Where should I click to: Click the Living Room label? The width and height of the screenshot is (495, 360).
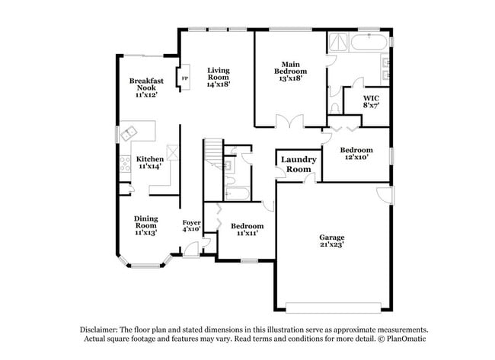[x=218, y=78]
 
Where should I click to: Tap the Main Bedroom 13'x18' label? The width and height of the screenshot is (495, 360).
[x=290, y=72]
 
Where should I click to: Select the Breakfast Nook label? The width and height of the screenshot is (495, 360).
[x=146, y=88]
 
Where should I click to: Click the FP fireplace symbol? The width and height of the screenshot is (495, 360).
[x=185, y=78]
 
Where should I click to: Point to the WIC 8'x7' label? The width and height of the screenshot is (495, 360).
[x=371, y=101]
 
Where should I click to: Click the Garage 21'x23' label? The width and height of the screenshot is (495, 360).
[x=331, y=241]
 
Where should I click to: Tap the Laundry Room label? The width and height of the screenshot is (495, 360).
[x=299, y=164]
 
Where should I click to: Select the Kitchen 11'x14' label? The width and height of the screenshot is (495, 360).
[x=150, y=162]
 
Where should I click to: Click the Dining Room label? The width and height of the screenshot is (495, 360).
[x=146, y=225]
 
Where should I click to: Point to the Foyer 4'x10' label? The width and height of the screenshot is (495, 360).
[x=191, y=226]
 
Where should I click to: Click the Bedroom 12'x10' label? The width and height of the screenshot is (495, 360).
[x=356, y=153]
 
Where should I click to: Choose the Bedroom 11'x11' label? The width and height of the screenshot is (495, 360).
[x=247, y=229]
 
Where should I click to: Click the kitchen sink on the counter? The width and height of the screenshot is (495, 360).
[x=129, y=133]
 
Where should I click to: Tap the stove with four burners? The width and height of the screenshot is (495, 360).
[x=126, y=164]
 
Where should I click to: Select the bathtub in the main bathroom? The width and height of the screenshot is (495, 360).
[x=369, y=42]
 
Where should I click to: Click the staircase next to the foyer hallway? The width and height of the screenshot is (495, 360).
[x=214, y=154]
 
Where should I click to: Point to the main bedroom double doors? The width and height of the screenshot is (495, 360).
[x=289, y=121]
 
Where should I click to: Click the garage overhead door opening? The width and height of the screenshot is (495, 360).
[x=334, y=307]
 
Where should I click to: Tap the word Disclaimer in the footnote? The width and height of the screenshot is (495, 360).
[x=99, y=330]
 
